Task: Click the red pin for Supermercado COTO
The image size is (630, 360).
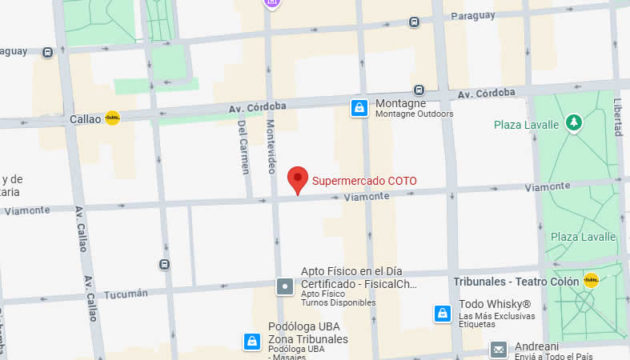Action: tap(298, 180)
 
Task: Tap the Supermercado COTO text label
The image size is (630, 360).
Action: tap(364, 181)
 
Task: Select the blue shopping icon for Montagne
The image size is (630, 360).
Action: tap(359, 107)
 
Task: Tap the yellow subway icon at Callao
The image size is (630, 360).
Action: tap(113, 118)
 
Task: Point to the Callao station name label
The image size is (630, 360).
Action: tap(86, 118)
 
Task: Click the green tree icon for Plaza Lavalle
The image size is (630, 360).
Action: tap(573, 122)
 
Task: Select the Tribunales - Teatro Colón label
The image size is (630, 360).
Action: tap(517, 281)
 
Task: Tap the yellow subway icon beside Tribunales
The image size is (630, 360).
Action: tap(591, 280)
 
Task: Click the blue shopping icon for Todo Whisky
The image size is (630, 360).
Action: tap(441, 313)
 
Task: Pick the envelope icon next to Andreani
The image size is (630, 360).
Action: tap(498, 349)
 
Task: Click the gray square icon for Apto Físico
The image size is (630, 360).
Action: tap(285, 285)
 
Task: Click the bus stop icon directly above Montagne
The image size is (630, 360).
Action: tap(419, 90)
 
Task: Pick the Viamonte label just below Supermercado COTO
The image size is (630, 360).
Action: tap(365, 196)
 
